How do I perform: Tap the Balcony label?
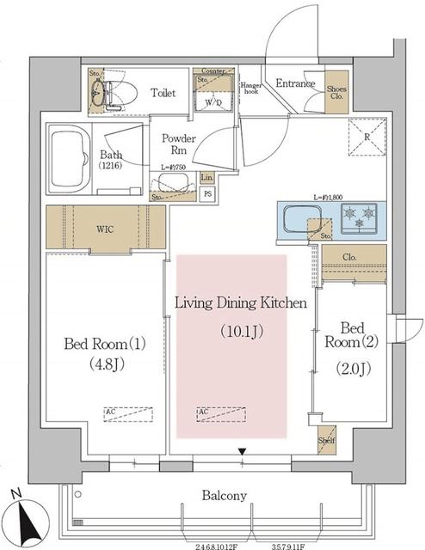point(225,496)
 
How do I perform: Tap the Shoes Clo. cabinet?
point(336,91)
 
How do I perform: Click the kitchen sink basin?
point(304,219)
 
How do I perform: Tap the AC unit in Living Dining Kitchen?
point(220,412)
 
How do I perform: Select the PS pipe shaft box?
point(206,193)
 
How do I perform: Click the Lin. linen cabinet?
point(206,177)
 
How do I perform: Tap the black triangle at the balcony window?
point(243,451)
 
